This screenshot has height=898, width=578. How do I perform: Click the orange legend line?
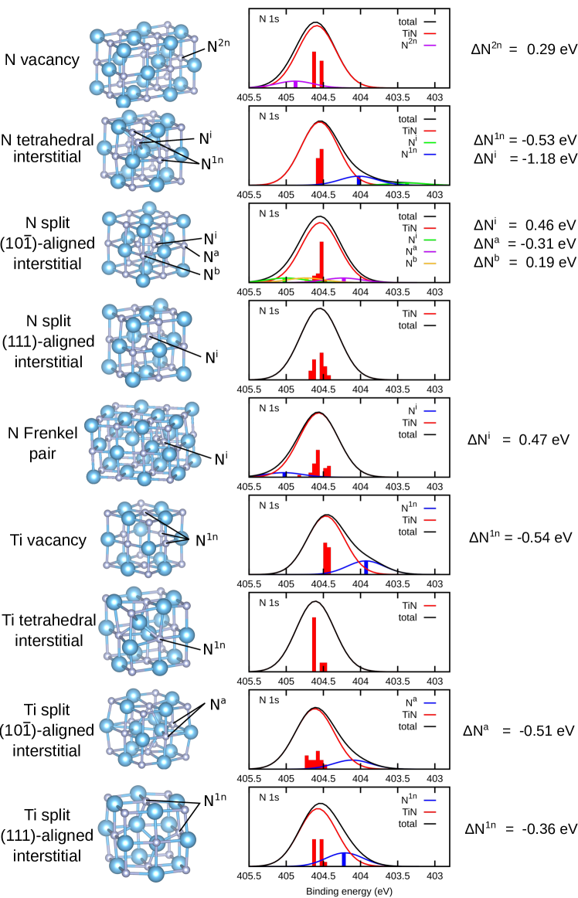(x=430, y=264)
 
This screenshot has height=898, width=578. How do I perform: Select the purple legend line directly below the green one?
(x=430, y=252)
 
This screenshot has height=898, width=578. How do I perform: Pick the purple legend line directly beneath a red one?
(x=430, y=46)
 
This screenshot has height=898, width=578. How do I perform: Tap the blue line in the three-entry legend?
(x=430, y=155)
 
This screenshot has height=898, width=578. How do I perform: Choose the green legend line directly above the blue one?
(x=430, y=143)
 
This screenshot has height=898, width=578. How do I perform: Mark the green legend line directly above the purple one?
(x=430, y=240)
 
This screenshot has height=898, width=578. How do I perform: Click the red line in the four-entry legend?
(x=430, y=229)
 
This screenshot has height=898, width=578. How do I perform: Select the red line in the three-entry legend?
(x=430, y=131)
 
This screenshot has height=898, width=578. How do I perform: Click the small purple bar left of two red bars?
(x=295, y=83)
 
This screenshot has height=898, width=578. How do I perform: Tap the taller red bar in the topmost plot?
(x=314, y=69)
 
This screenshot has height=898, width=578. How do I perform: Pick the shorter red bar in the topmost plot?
(x=321, y=73)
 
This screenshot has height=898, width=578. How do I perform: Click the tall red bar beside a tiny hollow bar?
(x=314, y=643)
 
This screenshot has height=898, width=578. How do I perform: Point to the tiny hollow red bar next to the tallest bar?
(x=323, y=666)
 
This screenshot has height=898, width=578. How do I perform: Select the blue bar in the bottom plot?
(x=344, y=859)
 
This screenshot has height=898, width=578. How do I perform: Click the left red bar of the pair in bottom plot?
(x=314, y=851)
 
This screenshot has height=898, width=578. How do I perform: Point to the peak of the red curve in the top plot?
(x=316, y=26)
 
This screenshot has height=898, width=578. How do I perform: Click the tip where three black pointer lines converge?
(x=188, y=538)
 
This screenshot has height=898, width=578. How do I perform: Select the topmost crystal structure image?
(x=145, y=65)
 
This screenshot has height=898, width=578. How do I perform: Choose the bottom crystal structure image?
(x=147, y=833)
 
